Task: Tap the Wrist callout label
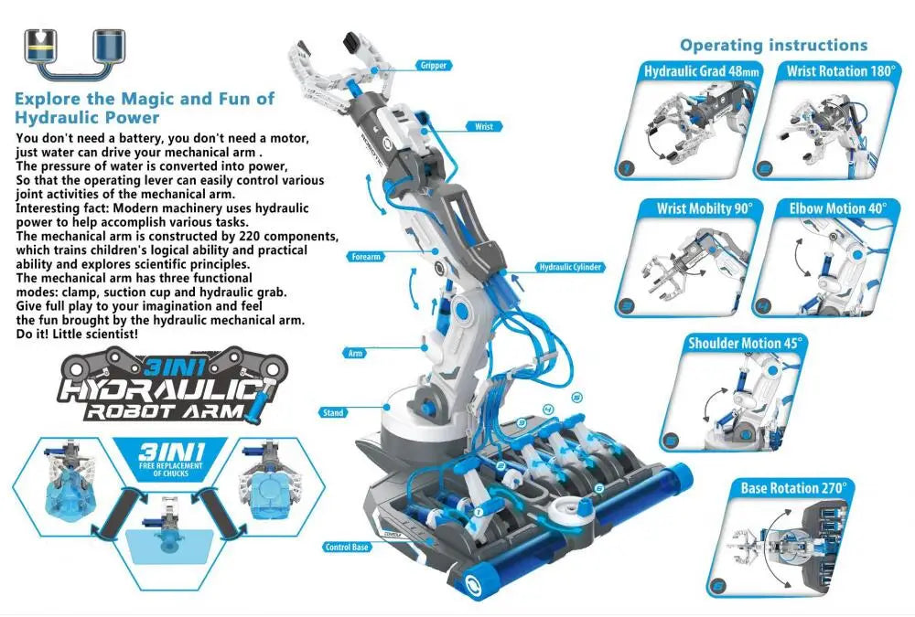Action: tap(484, 127)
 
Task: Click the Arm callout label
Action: tap(355, 352)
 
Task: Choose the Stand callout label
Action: tap(334, 413)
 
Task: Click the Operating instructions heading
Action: tap(773, 45)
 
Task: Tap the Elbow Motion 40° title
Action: tap(837, 208)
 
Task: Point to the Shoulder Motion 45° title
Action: tap(745, 344)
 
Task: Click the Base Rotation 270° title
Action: tap(793, 488)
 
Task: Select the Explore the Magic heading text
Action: tap(145, 108)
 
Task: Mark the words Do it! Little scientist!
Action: tap(79, 335)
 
